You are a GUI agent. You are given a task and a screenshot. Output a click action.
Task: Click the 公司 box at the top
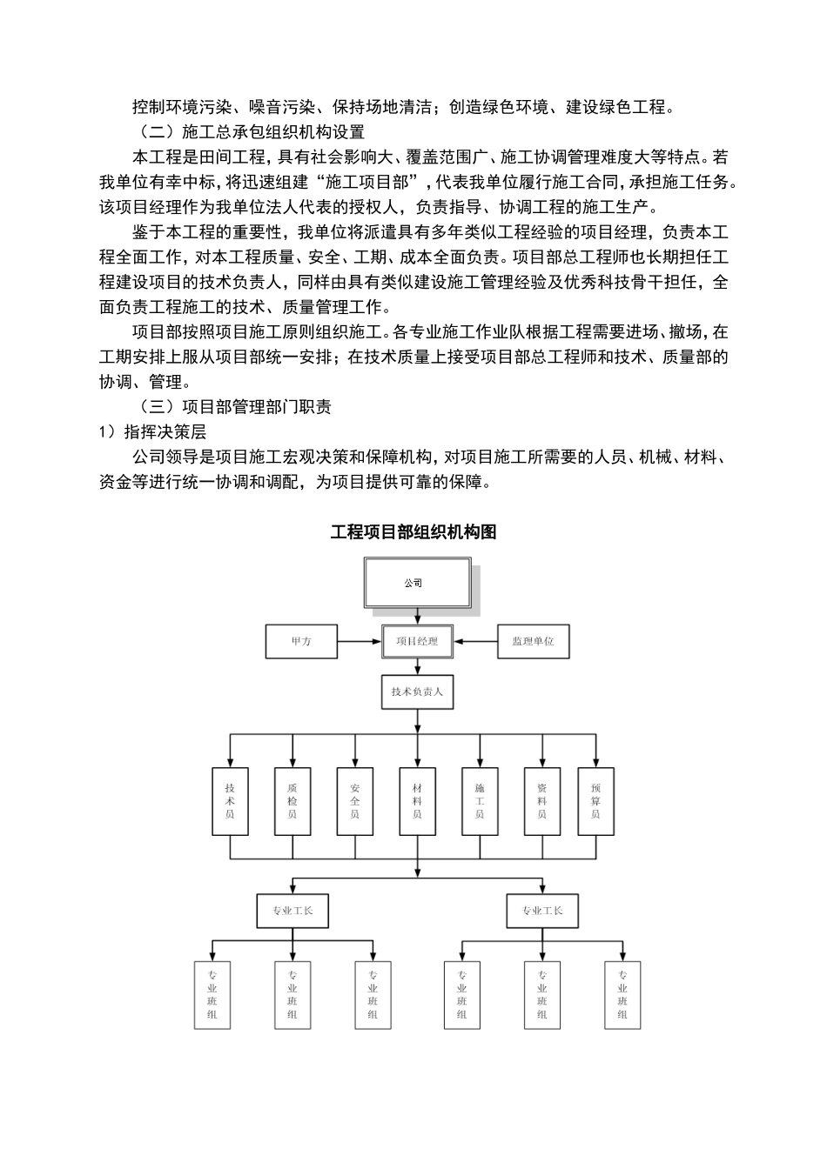pos(416,583)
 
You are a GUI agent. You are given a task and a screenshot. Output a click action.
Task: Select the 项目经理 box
pos(417,642)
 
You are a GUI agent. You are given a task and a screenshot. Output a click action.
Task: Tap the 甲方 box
pos(301,642)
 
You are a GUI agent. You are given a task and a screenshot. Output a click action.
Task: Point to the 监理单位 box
pos(533,642)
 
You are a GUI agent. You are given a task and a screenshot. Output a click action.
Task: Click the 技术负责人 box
pos(417,691)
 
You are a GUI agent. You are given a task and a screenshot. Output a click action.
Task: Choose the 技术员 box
pos(230,801)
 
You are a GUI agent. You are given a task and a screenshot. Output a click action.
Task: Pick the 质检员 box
pos(292,801)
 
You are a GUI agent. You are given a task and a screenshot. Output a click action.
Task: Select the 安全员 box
pos(354,801)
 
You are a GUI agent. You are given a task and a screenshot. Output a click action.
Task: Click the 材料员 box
pos(417,801)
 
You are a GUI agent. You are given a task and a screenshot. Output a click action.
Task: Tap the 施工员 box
pos(480,801)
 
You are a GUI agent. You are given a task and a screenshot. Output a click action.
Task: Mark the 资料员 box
pos(541,801)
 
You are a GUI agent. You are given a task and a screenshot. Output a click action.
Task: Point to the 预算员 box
pos(595,801)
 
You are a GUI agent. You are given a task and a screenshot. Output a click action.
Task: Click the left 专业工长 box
pos(292,911)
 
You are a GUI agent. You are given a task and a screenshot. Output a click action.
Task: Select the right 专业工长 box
pos(541,911)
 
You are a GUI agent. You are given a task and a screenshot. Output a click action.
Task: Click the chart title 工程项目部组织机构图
pos(413,532)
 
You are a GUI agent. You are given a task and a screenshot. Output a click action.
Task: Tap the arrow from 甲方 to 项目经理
pos(360,642)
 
